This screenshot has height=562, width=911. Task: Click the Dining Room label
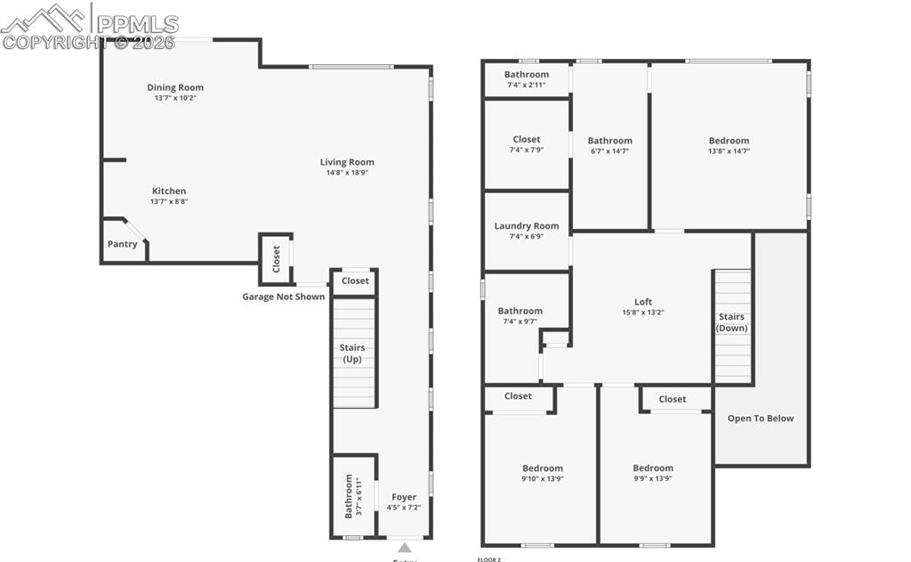click(x=175, y=87)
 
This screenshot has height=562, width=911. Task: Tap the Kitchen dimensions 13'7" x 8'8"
click(x=169, y=201)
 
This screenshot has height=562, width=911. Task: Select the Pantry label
click(x=123, y=244)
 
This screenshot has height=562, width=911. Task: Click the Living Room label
click(x=347, y=162)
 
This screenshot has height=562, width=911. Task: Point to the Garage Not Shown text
click(x=284, y=297)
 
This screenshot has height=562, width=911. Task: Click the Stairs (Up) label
click(x=352, y=353)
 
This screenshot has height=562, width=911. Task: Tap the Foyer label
click(x=404, y=497)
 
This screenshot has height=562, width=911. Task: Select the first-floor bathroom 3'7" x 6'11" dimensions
click(x=359, y=497)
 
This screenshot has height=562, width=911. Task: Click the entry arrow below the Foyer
click(x=404, y=547)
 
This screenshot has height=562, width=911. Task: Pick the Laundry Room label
click(x=527, y=226)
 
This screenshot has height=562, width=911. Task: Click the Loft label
click(x=643, y=302)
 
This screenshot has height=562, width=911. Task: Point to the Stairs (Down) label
click(x=732, y=322)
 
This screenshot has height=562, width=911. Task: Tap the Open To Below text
click(x=761, y=418)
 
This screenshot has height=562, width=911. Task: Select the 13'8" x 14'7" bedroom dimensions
click(x=729, y=151)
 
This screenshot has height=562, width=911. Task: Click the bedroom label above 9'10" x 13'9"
click(x=543, y=468)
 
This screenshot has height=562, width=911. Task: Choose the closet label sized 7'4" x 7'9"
click(x=527, y=139)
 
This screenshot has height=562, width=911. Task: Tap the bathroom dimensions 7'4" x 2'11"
click(x=527, y=86)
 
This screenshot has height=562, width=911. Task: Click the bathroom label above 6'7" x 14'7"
click(x=610, y=141)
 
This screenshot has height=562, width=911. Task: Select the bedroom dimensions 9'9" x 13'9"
click(x=653, y=479)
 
